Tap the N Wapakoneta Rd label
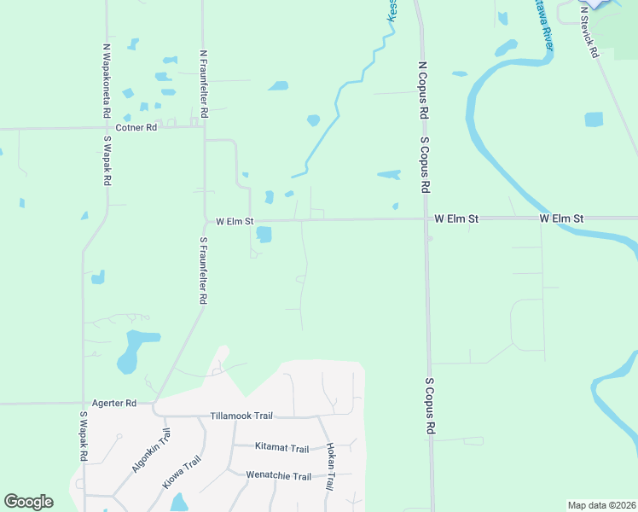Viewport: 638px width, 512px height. (x=107, y=81)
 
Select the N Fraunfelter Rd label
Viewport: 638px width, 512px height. (x=204, y=84)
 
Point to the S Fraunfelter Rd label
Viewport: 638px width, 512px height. (x=204, y=271)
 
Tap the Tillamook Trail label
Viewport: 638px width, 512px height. (x=241, y=416)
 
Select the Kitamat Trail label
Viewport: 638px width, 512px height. (x=281, y=448)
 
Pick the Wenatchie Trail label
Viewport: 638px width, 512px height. (x=278, y=476)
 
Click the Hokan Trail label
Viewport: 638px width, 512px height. (x=329, y=465)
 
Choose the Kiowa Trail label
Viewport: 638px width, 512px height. (x=183, y=472)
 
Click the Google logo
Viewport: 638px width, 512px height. (x=28, y=502)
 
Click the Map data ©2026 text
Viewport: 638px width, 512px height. (x=601, y=505)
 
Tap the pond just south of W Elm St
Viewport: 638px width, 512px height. (x=264, y=234)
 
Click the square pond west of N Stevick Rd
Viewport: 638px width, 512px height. (x=594, y=119)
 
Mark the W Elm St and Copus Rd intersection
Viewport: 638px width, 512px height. (x=426, y=218)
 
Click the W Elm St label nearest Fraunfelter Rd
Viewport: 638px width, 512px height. (x=235, y=221)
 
